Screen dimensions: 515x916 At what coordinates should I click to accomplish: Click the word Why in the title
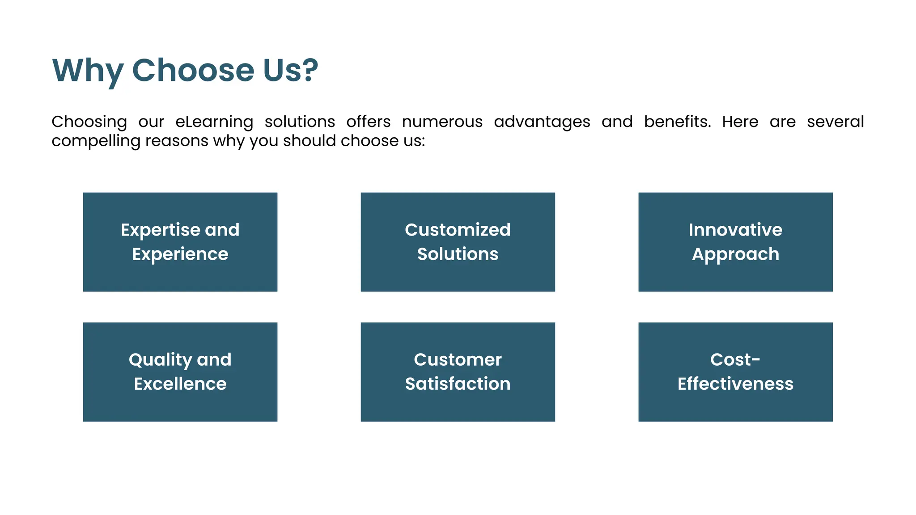[x=87, y=71]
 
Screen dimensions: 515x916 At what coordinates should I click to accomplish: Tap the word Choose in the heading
[x=193, y=70]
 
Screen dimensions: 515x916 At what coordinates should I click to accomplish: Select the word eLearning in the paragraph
[x=214, y=122]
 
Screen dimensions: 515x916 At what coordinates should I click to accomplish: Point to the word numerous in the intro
[x=442, y=122]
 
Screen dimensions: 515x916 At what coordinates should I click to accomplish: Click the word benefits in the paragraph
[x=677, y=122]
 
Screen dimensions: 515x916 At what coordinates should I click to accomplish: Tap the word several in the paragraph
[x=835, y=122]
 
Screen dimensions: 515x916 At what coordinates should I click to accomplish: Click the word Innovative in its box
[x=735, y=230]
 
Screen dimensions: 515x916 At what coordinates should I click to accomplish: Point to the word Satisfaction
[x=458, y=384]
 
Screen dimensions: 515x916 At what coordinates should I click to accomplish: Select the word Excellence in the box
[x=180, y=384]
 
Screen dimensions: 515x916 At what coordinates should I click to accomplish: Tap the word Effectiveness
[x=735, y=384]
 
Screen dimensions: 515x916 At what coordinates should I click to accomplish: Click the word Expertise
[x=160, y=230]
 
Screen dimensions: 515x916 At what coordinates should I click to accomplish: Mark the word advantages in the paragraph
[x=542, y=122]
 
